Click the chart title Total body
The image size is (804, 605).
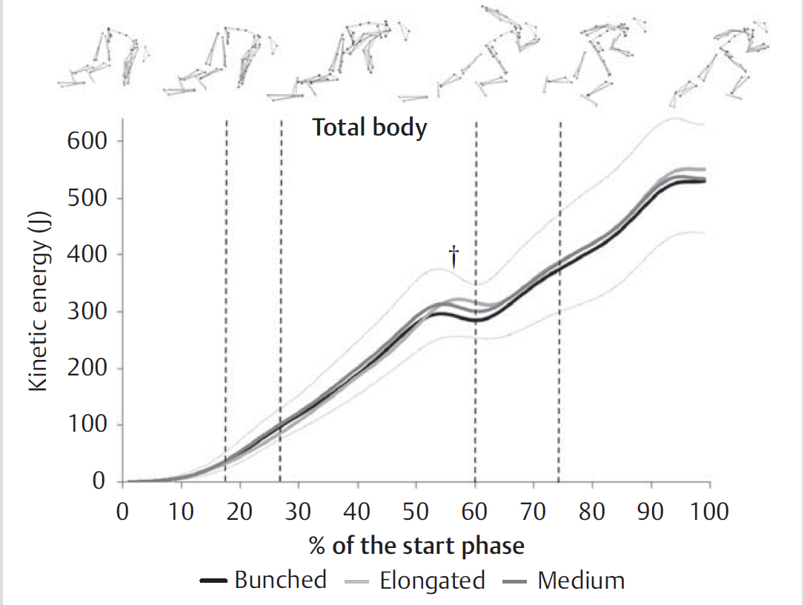pos(369,128)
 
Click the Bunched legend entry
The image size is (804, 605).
pos(263,580)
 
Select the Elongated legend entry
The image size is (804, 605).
pos(415,580)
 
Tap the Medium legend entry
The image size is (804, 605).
pos(568,580)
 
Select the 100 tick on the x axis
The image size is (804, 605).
pos(710,512)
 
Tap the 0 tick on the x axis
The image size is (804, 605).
pos(123,512)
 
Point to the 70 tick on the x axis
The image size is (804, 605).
pos(533,512)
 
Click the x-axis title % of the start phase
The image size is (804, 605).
pos(416,546)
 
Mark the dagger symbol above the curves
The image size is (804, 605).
pos(454,257)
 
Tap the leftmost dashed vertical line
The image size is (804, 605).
pos(225,296)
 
